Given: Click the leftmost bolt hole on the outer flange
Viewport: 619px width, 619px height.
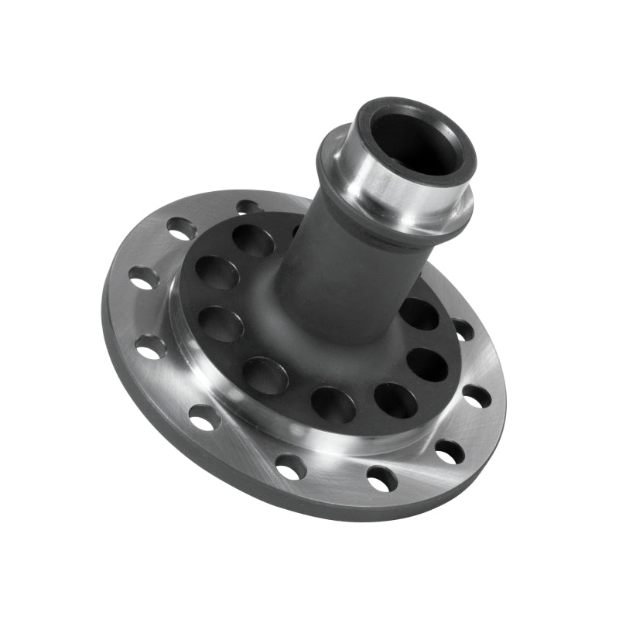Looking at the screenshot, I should click(144, 278).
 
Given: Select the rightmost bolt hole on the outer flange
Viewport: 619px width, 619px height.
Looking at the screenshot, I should click(476, 396).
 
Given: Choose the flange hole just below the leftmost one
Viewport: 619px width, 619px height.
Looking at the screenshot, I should click(150, 346).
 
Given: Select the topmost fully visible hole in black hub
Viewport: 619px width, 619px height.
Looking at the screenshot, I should click(253, 241).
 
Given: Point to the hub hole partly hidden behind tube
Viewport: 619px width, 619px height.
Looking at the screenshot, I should click(296, 230).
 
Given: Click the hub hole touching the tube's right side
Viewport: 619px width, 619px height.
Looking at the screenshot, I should click(419, 313).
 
